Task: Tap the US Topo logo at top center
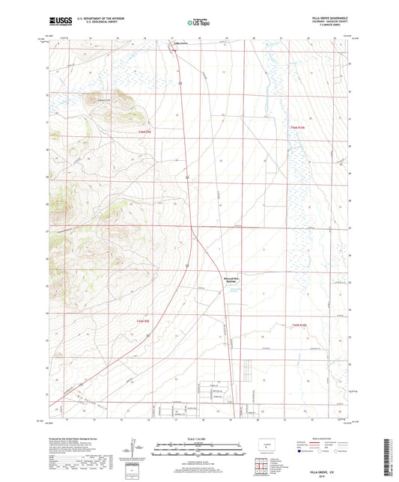click(x=199, y=22)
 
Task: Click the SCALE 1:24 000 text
click(x=199, y=437)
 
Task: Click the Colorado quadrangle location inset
click(x=265, y=446)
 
